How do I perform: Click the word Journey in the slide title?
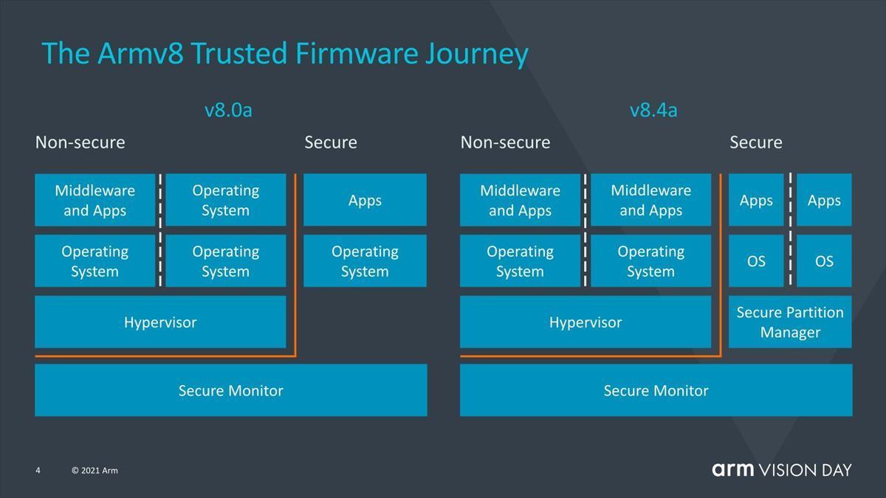coord(477,55)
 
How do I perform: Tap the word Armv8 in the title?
coord(140,53)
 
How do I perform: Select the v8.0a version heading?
coord(228,110)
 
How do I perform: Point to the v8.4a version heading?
coord(653,110)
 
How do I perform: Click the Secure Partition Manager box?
coord(790,322)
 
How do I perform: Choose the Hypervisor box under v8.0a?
coord(160,322)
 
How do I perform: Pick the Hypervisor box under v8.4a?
coord(585,322)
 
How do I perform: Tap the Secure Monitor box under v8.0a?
coord(231,390)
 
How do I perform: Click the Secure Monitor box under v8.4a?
coord(656,390)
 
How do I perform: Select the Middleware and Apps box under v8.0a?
coord(95,200)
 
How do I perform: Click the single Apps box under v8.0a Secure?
coord(365,200)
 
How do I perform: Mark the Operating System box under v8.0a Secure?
coord(365,261)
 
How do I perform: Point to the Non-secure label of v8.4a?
coord(505,142)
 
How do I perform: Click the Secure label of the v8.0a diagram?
coord(331,142)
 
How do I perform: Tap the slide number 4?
coord(38,471)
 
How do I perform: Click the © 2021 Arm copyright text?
coord(95,471)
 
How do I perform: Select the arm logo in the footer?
coord(733,469)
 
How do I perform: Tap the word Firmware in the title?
coord(357,53)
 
